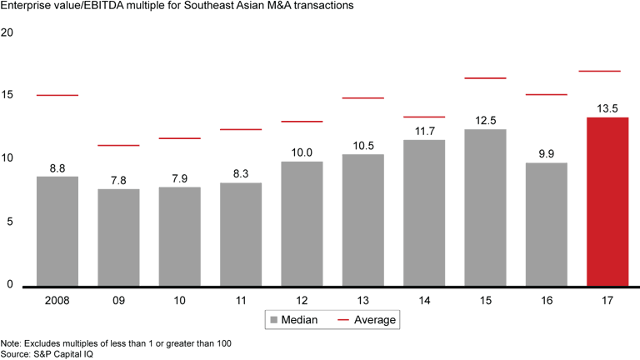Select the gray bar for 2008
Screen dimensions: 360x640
click(x=57, y=231)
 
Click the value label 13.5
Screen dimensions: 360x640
click(x=607, y=108)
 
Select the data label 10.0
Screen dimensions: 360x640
click(x=302, y=152)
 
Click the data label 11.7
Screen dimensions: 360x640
click(x=424, y=131)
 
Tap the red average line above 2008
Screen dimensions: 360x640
click(x=57, y=95)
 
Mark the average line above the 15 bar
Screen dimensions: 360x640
click(x=485, y=78)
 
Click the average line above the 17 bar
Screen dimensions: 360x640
click(x=607, y=72)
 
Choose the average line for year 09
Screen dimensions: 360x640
click(x=118, y=145)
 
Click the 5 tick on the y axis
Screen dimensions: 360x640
click(x=10, y=222)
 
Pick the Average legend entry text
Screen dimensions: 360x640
click(x=376, y=319)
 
